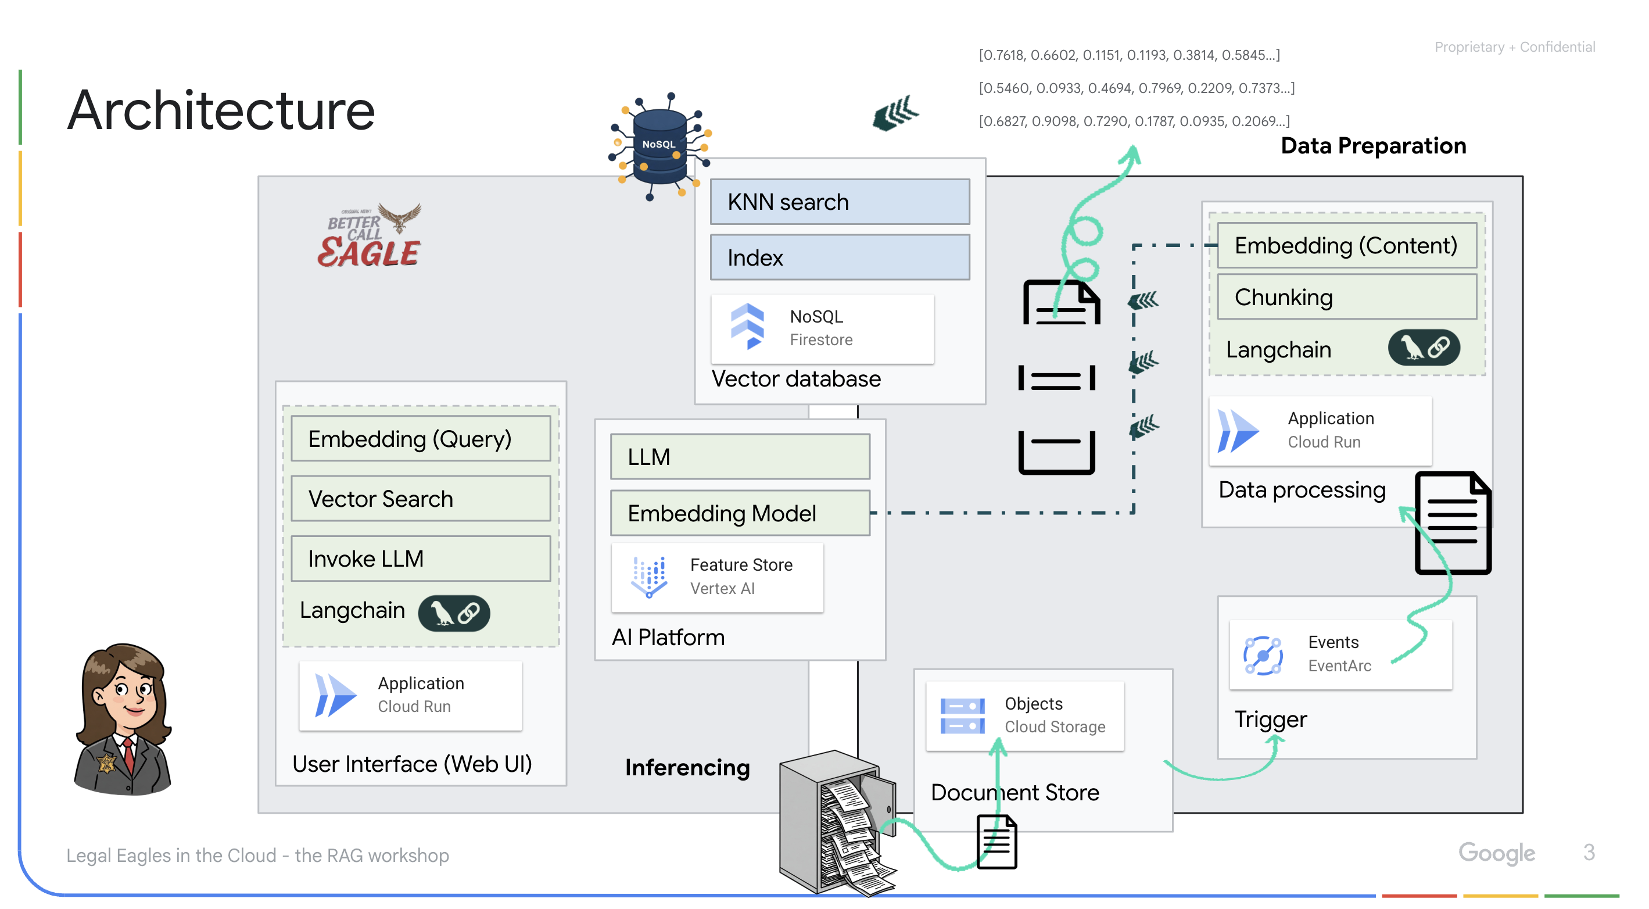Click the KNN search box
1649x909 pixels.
coord(839,202)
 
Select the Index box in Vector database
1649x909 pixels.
coord(839,257)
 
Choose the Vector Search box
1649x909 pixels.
coord(421,499)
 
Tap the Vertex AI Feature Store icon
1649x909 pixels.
coord(648,577)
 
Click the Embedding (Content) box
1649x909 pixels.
coord(1346,246)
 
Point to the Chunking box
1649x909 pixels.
coord(1346,298)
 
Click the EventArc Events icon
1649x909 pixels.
coord(1263,655)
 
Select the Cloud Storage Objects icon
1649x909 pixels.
coord(962,715)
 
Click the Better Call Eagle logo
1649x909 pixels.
coord(371,237)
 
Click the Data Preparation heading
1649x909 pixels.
coord(1373,146)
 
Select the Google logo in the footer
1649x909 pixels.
coord(1496,853)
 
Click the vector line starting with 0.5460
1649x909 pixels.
coord(1137,88)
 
